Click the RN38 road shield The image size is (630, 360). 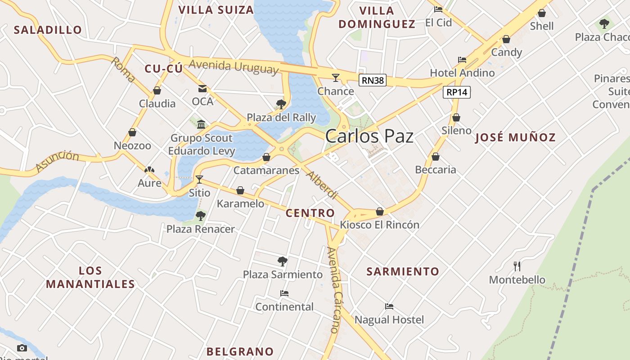click(x=373, y=81)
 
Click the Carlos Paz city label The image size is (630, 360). click(x=369, y=136)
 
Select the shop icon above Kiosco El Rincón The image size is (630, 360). click(x=380, y=211)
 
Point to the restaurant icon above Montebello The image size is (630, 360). click(x=517, y=266)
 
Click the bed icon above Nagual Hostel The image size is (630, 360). click(x=389, y=306)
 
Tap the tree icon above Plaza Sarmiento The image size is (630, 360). click(x=282, y=261)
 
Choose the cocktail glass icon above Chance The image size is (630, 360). click(x=336, y=78)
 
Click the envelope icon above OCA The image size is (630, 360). click(x=202, y=88)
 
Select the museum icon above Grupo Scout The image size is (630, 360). click(x=201, y=124)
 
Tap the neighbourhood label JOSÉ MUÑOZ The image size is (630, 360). click(x=516, y=138)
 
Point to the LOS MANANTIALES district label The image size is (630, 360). click(x=90, y=277)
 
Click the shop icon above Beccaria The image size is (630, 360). click(x=435, y=157)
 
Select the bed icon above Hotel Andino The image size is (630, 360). click(x=462, y=59)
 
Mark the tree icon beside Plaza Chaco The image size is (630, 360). click(x=604, y=23)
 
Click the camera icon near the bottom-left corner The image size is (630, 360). click(x=22, y=348)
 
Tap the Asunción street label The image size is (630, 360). click(x=57, y=161)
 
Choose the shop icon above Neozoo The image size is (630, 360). click(x=132, y=132)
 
